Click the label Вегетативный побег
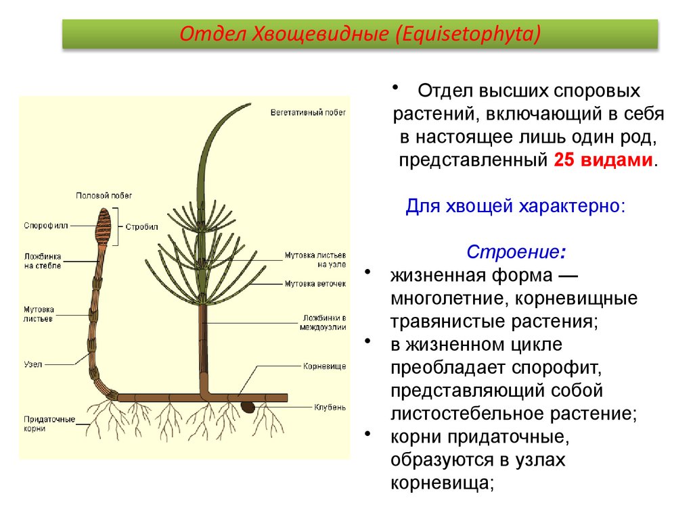coord(307,112)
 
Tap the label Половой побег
coord(104,195)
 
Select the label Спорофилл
coord(46,226)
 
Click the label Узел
coord(33,364)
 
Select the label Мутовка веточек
coord(315,284)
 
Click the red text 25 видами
coord(604,160)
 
